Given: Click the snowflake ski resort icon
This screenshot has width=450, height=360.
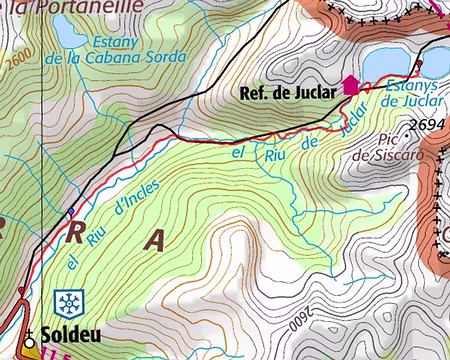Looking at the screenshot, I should pos(69,303).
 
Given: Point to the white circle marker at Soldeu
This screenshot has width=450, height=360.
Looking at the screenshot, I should pos(30,338).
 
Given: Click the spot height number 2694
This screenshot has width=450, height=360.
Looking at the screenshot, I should pos(426,124).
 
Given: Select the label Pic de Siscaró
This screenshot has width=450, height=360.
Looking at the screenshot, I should pos(391,148).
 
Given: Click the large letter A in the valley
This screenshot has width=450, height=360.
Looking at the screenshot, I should pos(154,240).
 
